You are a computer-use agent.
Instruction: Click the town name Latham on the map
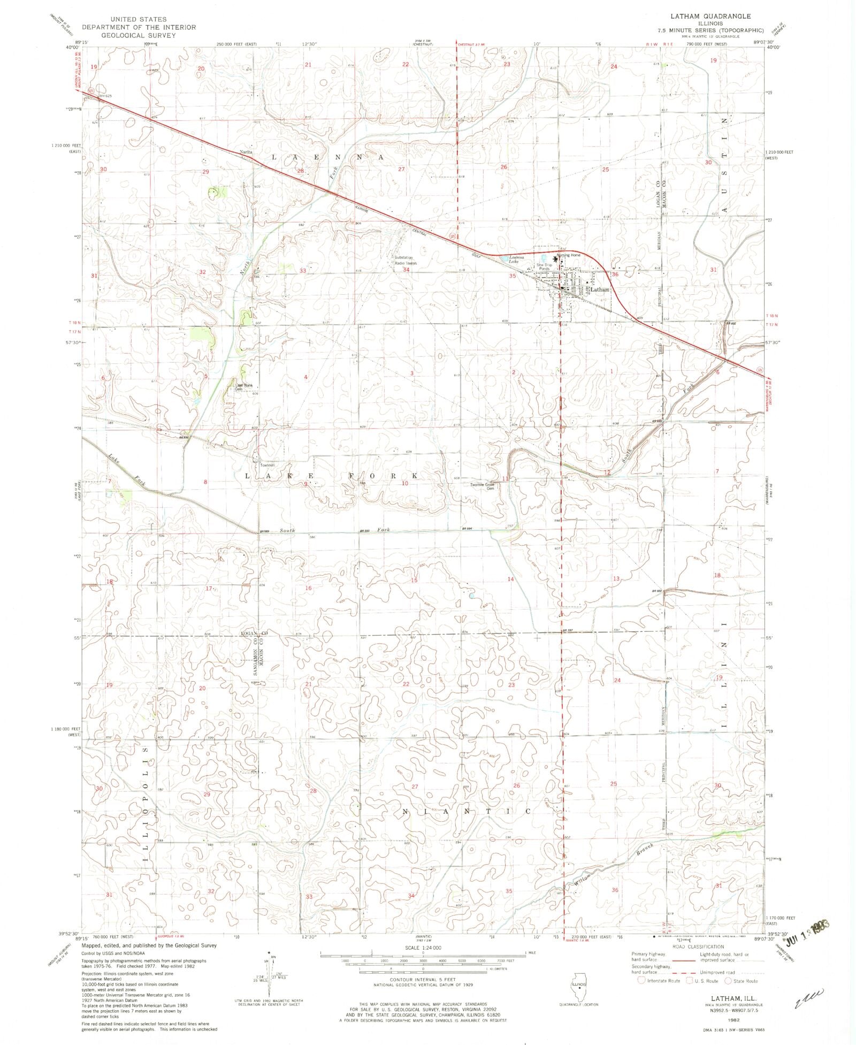[x=599, y=289]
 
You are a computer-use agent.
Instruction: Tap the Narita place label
[x=246, y=152]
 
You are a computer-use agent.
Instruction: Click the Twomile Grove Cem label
[x=482, y=486]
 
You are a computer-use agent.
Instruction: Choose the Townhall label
[x=267, y=465]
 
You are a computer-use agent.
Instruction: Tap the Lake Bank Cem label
[x=243, y=387]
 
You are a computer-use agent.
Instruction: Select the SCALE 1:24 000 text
[x=423, y=948]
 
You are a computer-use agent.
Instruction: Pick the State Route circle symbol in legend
[x=728, y=981]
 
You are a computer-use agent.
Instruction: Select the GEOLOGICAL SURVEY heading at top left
[x=138, y=35]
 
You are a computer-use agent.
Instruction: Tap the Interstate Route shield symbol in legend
[x=642, y=981]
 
